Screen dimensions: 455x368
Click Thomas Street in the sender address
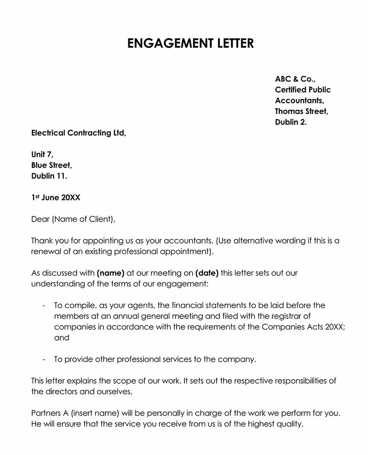[x=301, y=111]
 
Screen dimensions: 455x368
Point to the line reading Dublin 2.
[x=290, y=122]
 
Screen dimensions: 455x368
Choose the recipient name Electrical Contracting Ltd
[x=78, y=133]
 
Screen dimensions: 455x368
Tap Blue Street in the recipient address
[x=52, y=165]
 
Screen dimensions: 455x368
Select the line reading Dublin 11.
[x=49, y=176]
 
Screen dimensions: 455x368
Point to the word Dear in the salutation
[x=40, y=219]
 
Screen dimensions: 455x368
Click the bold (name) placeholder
[x=110, y=273]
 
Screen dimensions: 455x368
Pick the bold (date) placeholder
[x=207, y=273]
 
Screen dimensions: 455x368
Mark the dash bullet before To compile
[x=43, y=306]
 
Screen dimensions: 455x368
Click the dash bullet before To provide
[x=43, y=359]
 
